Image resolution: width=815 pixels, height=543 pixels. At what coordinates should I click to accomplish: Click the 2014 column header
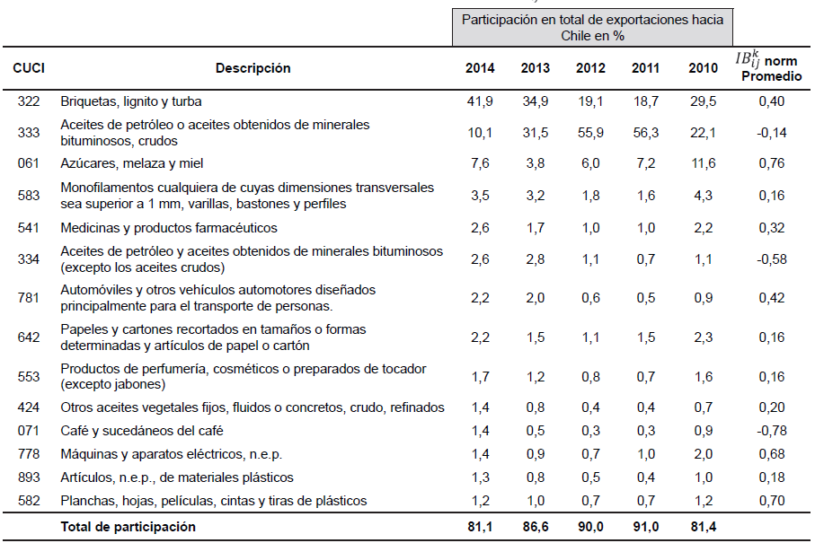click(x=479, y=68)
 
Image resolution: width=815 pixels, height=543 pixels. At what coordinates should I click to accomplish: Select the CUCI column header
click(x=29, y=68)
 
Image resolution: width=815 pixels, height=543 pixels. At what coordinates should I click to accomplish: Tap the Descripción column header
click(x=252, y=68)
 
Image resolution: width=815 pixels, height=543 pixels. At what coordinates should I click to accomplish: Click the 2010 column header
click(x=703, y=68)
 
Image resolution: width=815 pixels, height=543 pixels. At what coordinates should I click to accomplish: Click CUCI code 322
click(x=29, y=101)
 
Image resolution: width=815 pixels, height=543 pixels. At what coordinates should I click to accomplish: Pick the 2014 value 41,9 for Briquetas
click(x=479, y=101)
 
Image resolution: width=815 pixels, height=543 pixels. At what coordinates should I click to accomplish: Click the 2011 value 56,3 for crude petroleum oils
click(x=646, y=132)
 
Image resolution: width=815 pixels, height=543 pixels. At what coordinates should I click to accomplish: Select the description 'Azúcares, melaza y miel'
click(x=132, y=163)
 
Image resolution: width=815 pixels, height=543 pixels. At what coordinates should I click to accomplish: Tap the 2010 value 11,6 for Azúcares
click(x=703, y=163)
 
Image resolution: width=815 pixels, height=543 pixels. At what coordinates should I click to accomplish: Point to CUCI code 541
click(x=29, y=228)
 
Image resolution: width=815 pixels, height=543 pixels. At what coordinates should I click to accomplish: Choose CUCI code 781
click(x=29, y=298)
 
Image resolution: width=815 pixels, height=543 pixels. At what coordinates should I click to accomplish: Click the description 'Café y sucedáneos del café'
click(x=142, y=430)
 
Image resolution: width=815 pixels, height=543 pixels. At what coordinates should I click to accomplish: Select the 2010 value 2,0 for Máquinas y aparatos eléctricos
click(x=703, y=453)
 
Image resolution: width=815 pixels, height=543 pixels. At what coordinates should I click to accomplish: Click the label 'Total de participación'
click(x=128, y=527)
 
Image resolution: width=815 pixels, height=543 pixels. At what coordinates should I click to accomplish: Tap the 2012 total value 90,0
click(x=590, y=527)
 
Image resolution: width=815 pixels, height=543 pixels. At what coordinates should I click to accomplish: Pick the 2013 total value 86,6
click(x=535, y=527)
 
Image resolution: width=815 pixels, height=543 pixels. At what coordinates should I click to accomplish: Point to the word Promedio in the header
click(x=770, y=77)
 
